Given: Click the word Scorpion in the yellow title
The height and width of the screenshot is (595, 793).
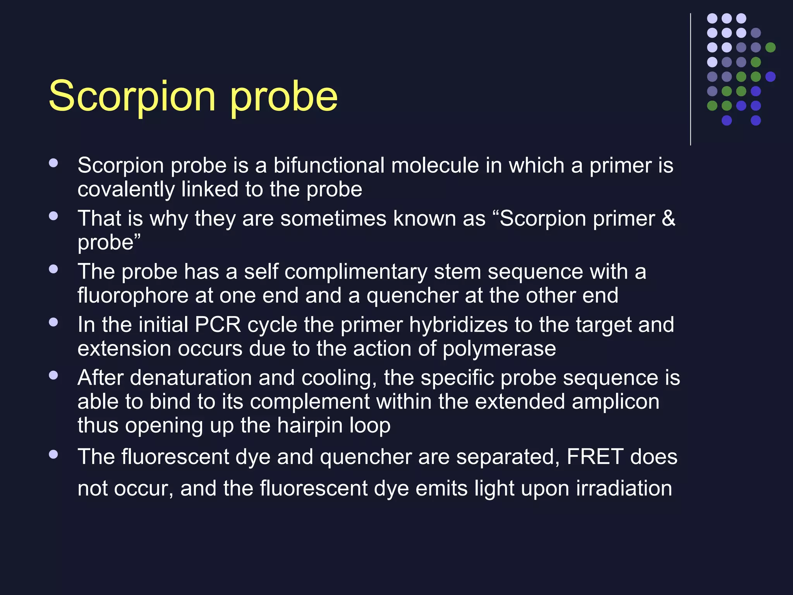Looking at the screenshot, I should point(132,96).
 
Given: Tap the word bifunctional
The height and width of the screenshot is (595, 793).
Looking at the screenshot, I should point(329,165).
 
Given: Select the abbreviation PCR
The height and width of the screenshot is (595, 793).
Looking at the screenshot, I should point(218,325).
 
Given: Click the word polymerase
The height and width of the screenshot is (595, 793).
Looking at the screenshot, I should point(499,349).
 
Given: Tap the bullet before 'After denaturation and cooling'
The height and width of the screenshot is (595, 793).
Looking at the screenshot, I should point(53,375).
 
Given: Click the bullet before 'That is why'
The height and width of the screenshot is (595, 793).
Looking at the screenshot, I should point(53,216).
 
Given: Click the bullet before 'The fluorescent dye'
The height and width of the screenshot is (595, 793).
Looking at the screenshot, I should point(53,454).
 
